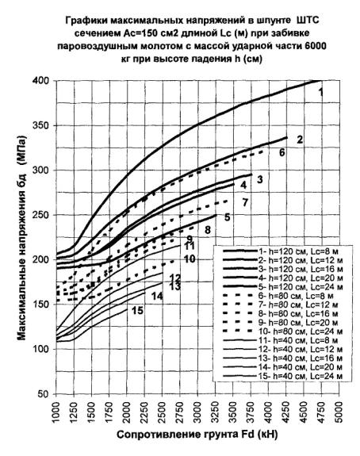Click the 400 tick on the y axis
44,81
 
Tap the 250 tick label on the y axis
44,215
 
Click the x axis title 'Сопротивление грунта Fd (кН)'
197,435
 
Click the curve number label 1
320,93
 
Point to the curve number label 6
282,152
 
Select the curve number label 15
137,311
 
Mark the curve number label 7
245,202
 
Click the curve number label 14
157,296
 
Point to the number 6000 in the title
315,46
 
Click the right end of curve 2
287,137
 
